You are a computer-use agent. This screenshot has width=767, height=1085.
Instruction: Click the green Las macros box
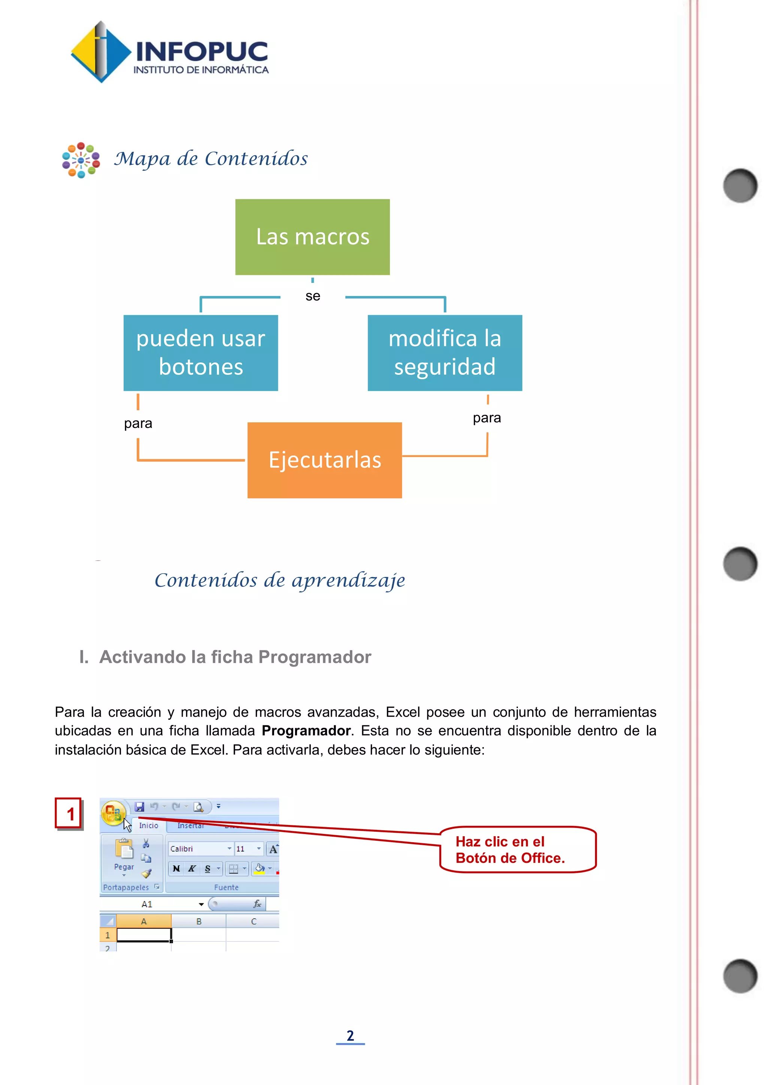coord(312,237)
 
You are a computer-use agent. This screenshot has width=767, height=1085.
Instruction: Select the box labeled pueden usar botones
coord(201,353)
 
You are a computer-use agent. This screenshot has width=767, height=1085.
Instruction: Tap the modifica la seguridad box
coord(445,353)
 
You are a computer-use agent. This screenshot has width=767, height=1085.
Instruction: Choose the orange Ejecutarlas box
coord(324,460)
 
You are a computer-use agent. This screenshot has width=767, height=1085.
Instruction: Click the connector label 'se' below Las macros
coord(313,296)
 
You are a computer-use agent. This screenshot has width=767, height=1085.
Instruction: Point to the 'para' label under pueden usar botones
coord(138,423)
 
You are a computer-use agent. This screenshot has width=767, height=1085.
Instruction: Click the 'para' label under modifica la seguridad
coord(487,418)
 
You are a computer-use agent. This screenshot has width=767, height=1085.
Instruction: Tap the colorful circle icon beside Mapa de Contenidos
coord(81,160)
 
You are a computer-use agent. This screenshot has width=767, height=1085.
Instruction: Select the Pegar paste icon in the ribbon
coord(124,849)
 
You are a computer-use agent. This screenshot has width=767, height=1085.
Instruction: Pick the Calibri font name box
coord(198,849)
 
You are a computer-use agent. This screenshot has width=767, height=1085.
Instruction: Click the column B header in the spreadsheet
coord(199,922)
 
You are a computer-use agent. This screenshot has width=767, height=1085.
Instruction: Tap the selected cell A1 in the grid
coord(143,935)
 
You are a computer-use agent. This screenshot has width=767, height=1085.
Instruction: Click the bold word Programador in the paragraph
coord(306,731)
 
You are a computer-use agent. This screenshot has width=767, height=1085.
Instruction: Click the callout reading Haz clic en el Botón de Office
coord(518,850)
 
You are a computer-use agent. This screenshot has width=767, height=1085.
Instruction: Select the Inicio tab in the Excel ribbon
coord(148,826)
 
